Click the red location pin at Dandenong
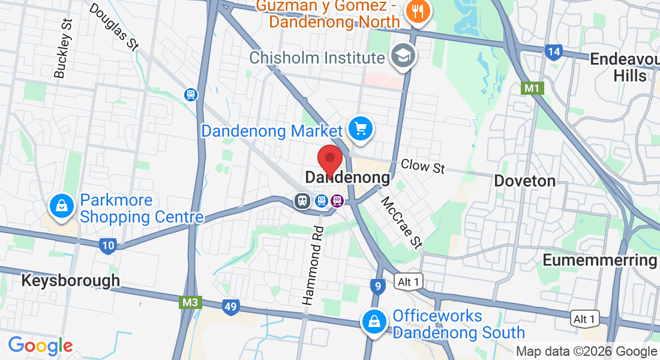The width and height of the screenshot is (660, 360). pyautogui.click(x=329, y=160)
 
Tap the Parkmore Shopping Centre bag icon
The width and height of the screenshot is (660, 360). pyautogui.click(x=61, y=207)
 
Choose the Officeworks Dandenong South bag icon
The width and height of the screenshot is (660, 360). pyautogui.click(x=374, y=323)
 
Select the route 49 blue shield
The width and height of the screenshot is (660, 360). pyautogui.click(x=230, y=307)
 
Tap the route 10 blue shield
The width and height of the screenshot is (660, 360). pyautogui.click(x=108, y=245)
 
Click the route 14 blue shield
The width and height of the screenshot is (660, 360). pyautogui.click(x=553, y=52)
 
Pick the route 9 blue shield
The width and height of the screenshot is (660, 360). pyautogui.click(x=377, y=286)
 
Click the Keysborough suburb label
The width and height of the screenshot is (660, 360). pyautogui.click(x=70, y=280)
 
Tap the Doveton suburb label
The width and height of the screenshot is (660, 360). pyautogui.click(x=524, y=181)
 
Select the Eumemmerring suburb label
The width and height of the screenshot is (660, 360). pyautogui.click(x=600, y=260)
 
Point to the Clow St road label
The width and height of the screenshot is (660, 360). pyautogui.click(x=423, y=166)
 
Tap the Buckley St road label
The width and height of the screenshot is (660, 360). pyautogui.click(x=62, y=48)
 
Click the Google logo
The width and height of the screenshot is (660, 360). pyautogui.click(x=40, y=346)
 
